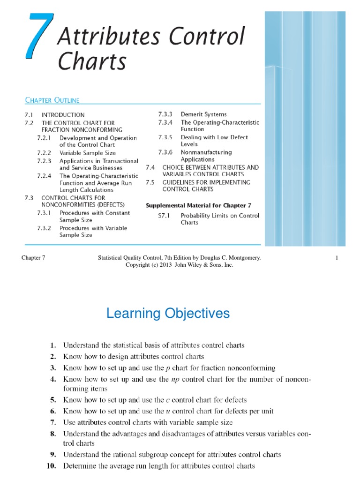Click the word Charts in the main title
click(x=92, y=61)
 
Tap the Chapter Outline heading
click(x=52, y=100)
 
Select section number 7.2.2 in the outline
click(x=44, y=153)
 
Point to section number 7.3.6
click(x=165, y=152)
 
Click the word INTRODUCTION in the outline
click(x=63, y=115)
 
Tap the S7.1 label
click(x=164, y=216)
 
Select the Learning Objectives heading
click(x=168, y=313)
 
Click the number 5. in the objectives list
click(x=53, y=400)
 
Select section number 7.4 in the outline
click(x=150, y=167)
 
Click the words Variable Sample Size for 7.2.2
click(x=88, y=153)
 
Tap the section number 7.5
click(x=150, y=182)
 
